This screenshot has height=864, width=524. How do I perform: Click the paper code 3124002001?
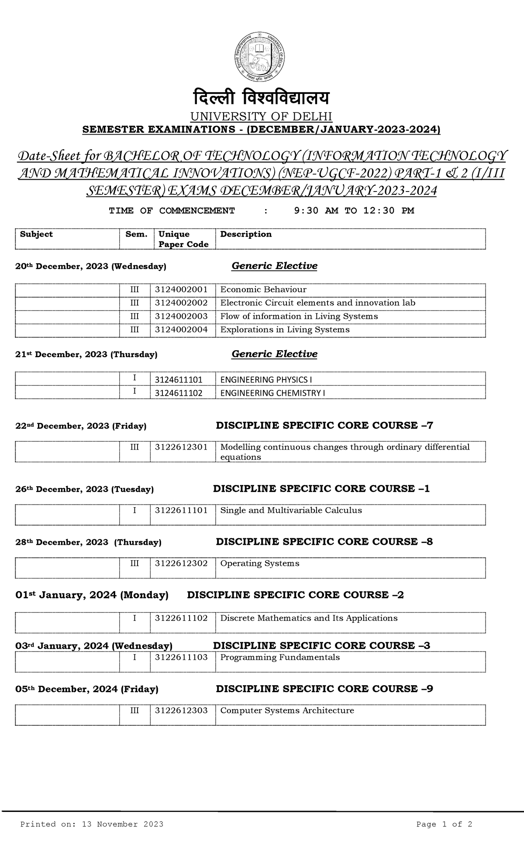(x=181, y=289)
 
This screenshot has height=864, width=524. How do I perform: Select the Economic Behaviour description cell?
(x=263, y=289)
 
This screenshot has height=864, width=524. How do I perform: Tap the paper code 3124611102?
(x=179, y=393)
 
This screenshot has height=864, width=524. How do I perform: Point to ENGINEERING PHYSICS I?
(x=266, y=380)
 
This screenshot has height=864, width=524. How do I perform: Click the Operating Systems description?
(x=260, y=563)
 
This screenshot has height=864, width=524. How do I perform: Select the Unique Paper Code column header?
(x=183, y=239)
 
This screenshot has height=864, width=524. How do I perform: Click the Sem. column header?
(x=136, y=234)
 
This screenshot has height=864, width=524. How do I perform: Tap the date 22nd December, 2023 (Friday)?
(x=81, y=426)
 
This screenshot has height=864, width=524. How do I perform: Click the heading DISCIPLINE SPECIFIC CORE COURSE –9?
(x=324, y=689)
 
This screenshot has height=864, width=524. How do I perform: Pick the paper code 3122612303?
(x=181, y=711)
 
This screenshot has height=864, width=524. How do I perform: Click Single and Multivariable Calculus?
(x=291, y=510)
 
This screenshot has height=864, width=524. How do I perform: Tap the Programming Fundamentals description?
(x=280, y=657)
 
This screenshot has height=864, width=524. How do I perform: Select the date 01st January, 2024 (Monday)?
(x=92, y=595)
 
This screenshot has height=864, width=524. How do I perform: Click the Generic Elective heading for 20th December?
(x=274, y=266)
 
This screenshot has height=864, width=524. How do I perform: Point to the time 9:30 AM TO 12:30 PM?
(x=354, y=211)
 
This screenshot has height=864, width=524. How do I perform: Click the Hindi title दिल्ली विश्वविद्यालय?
(x=262, y=99)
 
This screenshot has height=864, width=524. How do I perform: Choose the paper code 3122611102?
(x=181, y=618)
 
